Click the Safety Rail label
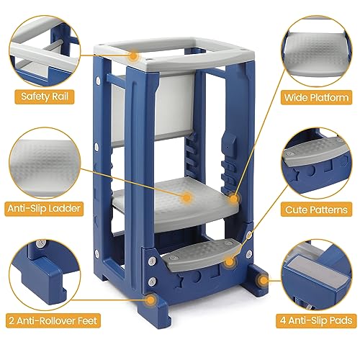45,96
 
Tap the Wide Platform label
316,97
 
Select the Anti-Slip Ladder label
44,209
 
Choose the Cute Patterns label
316,210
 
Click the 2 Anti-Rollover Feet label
53,320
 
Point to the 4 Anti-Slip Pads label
316,320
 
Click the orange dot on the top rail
133,56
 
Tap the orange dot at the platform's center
186,197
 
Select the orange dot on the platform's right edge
234,199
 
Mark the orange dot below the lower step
230,261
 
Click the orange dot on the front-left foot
150,300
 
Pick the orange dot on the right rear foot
264,280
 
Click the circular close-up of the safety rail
45,51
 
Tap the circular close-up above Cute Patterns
316,163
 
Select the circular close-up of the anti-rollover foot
45,274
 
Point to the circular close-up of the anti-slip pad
316,275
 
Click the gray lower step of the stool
201,255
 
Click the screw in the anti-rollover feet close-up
41,243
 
